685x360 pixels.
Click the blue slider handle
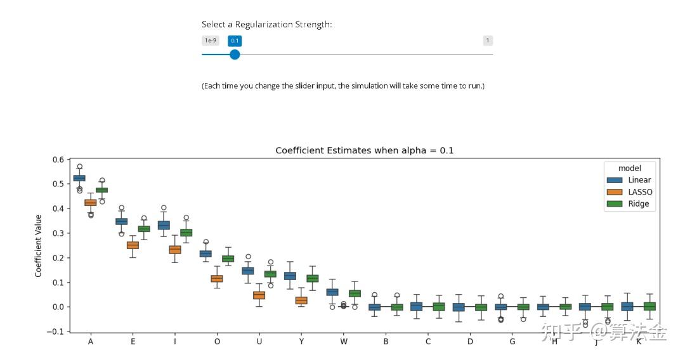click(235, 55)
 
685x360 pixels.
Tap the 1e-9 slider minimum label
click(210, 41)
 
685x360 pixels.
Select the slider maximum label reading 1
click(487, 41)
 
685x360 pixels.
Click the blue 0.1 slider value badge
click(235, 41)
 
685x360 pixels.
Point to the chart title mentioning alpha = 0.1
click(364, 151)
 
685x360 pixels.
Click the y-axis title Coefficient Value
click(39, 246)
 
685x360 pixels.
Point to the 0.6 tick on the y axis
click(58, 159)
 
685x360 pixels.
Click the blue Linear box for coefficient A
click(79, 178)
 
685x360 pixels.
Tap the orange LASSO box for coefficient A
click(91, 203)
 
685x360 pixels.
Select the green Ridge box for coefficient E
click(144, 229)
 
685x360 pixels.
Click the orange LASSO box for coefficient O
click(217, 278)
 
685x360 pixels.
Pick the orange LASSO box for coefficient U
click(259, 295)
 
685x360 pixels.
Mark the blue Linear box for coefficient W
click(332, 292)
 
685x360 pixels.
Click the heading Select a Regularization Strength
click(267, 25)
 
